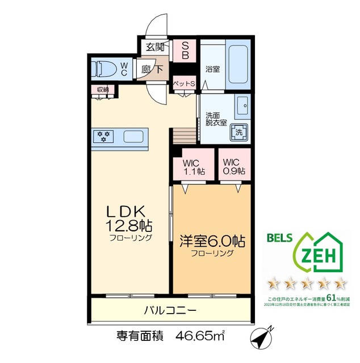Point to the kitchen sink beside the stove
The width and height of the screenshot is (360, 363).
pos(134,137)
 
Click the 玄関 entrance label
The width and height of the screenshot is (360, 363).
pos(154,47)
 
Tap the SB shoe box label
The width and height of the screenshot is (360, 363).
pos(185,51)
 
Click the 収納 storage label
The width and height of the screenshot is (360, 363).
pos(103,90)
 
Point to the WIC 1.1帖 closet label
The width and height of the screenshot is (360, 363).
pos(194,166)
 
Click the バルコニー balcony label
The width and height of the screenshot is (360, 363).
pos(170,310)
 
